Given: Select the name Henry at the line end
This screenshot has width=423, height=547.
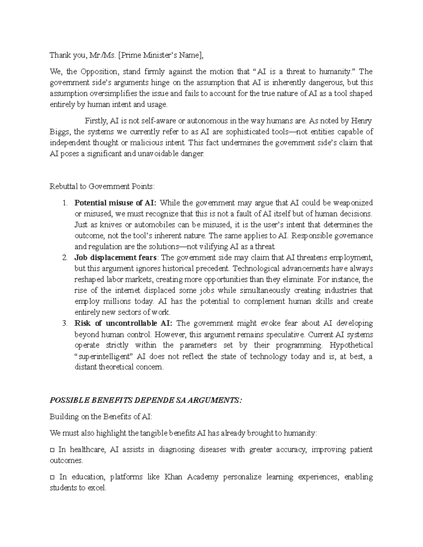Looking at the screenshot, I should coord(361,121).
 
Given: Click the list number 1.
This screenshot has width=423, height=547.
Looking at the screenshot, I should coord(64,203).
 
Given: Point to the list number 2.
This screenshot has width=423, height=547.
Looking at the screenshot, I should coord(64,257).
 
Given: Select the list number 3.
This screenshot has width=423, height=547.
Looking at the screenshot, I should coord(64,323).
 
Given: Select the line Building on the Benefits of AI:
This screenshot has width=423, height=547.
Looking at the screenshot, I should coord(101,417).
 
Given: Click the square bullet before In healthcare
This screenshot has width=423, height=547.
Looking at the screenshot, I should coord(52,450).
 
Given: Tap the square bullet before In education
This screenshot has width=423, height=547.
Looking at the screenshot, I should coord(52,477).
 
